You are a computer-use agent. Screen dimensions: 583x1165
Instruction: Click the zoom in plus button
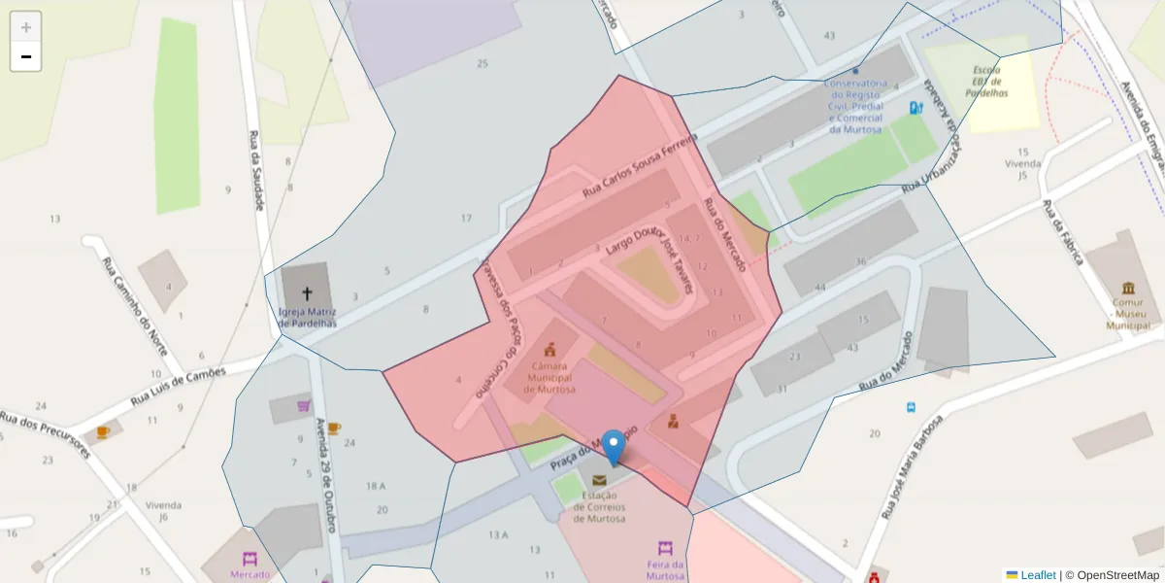25,27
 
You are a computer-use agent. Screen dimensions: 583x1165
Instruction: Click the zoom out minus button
25,56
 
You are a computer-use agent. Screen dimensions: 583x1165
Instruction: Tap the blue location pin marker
613,447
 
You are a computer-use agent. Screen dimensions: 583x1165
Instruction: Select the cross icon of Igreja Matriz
307,292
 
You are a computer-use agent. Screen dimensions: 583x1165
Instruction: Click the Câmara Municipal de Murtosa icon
550,350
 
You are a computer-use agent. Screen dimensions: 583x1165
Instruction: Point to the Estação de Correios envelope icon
599,480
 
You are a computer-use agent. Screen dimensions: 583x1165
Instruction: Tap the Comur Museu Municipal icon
1127,289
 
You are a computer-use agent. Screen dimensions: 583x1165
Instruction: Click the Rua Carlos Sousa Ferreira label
640,167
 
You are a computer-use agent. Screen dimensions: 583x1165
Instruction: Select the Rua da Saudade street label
256,170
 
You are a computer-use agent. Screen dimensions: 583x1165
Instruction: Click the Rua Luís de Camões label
179,385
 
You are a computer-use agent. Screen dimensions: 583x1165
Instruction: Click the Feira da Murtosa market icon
665,548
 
